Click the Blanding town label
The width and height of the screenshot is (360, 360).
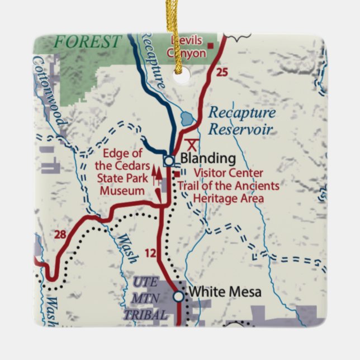coord(200,158)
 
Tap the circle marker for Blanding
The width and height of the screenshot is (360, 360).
coord(168,161)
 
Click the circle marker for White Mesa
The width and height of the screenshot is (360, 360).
coord(178,296)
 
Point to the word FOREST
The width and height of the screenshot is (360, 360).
coord(87,41)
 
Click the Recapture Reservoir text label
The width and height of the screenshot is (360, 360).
coord(241,121)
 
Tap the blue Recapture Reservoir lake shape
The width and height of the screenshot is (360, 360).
coord(188,119)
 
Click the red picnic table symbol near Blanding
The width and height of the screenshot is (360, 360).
coord(193,144)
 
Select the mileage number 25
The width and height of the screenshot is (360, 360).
coord(222,72)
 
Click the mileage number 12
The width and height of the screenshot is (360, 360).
coord(150,254)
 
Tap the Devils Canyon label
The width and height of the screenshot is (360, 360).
coord(187,48)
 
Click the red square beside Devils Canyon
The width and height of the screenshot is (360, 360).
coord(211,45)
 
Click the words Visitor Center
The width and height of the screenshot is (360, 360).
coord(221,174)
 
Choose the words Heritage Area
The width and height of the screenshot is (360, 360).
coord(228,198)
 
